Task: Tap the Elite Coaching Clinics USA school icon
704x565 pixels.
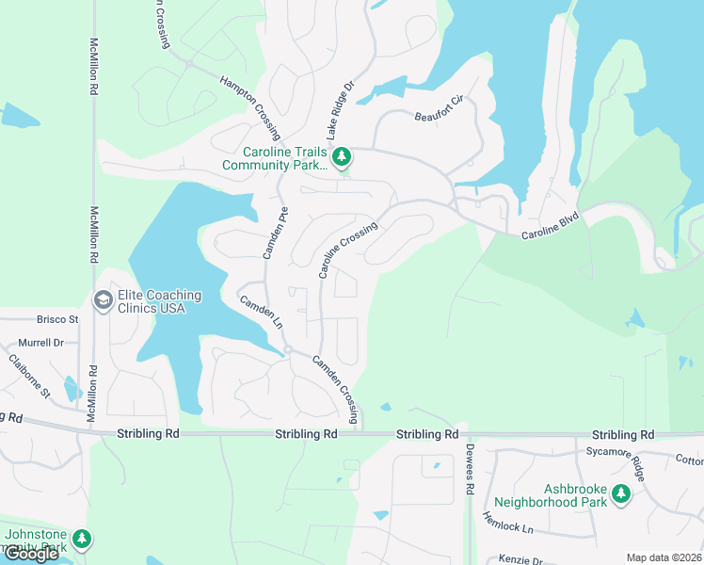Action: click(x=103, y=300)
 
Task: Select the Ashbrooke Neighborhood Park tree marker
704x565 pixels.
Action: click(x=620, y=492)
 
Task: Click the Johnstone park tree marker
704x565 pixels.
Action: click(x=83, y=538)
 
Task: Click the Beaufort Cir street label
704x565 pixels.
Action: click(x=440, y=109)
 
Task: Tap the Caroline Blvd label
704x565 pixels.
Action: click(x=551, y=226)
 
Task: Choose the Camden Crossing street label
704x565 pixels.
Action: click(x=336, y=389)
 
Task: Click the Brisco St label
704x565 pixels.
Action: click(x=58, y=319)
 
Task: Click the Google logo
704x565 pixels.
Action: click(x=31, y=554)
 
